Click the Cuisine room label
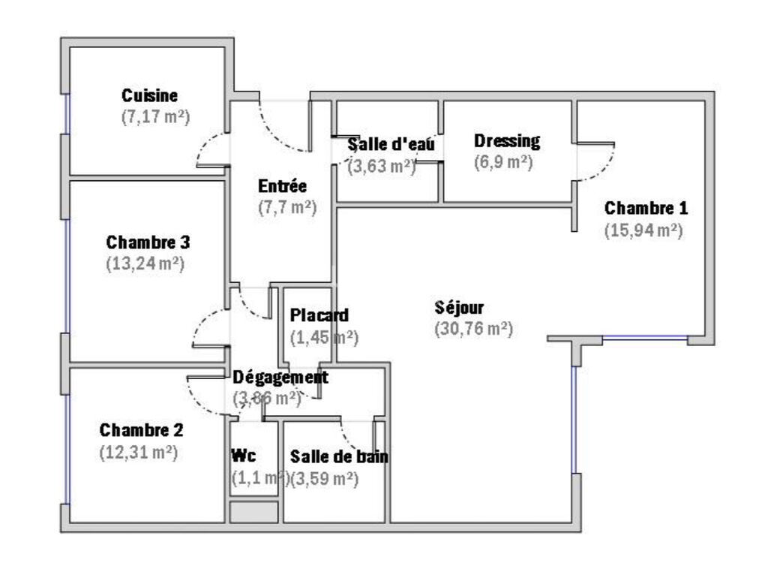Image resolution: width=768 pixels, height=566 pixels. pos(150,95)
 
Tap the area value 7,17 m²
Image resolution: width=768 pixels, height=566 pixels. pos(154,118)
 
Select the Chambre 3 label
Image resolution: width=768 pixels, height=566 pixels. pos(148,242)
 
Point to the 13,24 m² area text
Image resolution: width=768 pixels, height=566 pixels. pos(145,264)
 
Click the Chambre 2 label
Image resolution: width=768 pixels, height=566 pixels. pos(141,431)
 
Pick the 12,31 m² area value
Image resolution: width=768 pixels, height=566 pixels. pos(138,453)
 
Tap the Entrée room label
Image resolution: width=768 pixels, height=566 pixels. pos(282,186)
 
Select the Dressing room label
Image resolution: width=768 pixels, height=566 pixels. pos(507,140)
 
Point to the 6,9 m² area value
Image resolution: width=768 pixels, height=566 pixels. pos(503,162)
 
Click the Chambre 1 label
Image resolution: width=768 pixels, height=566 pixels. pos(646,208)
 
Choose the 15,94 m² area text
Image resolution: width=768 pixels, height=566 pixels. pos(643,230)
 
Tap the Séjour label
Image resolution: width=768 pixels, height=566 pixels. pos(460,307)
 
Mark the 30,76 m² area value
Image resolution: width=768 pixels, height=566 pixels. pos(473,329)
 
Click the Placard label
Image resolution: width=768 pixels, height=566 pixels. pos(319,315)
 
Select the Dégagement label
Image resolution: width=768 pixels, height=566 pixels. pos(280,376)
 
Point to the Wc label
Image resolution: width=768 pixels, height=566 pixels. pos(241,456)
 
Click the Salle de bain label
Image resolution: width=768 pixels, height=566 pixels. pos(339,456)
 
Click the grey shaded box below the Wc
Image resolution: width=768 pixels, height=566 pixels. pos(253,513)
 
